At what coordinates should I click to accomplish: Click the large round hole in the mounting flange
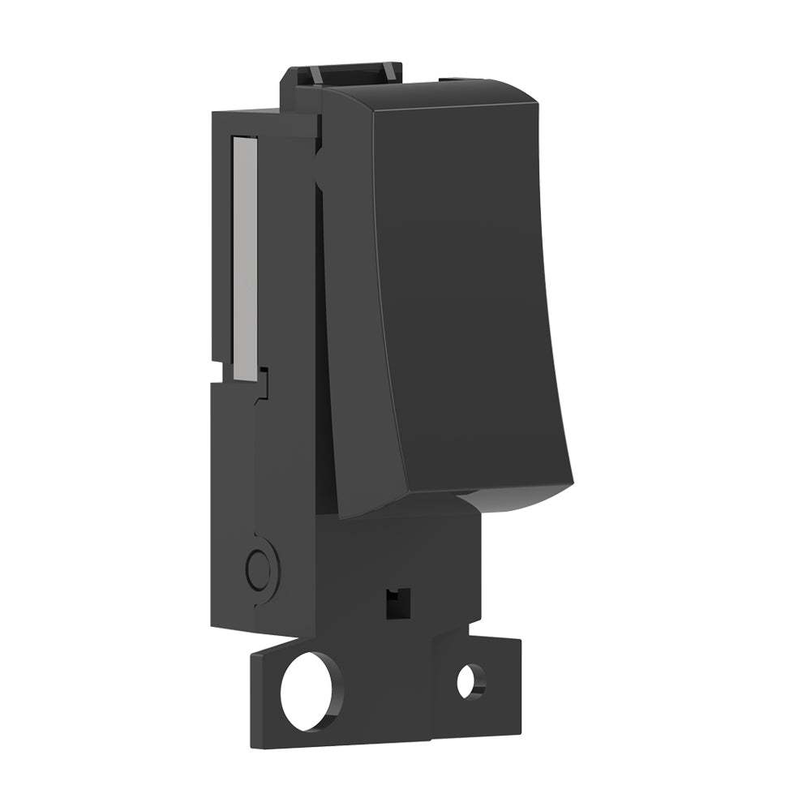(311, 690)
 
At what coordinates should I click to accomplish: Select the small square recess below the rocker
(397, 603)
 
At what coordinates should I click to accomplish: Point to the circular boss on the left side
(259, 570)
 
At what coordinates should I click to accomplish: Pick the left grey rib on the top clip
(312, 74)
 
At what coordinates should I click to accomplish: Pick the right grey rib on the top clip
(389, 71)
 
